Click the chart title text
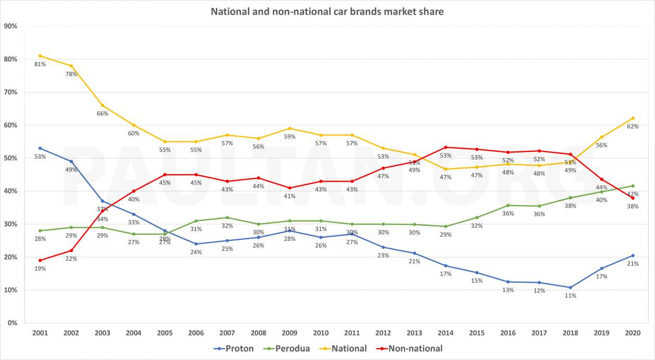point(327,11)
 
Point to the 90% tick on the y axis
point(11,26)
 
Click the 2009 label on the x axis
point(290,333)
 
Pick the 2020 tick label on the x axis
point(633,333)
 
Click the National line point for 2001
point(40,56)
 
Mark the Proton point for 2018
point(570,287)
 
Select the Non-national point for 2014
point(446,147)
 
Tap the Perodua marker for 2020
point(633,186)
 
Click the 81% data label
point(40,65)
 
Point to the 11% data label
point(570,295)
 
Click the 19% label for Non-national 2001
point(40,268)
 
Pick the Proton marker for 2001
point(40,148)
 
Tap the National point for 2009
point(290,128)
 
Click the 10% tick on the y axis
point(11,290)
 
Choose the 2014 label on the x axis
point(446,333)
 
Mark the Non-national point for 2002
point(71,250)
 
